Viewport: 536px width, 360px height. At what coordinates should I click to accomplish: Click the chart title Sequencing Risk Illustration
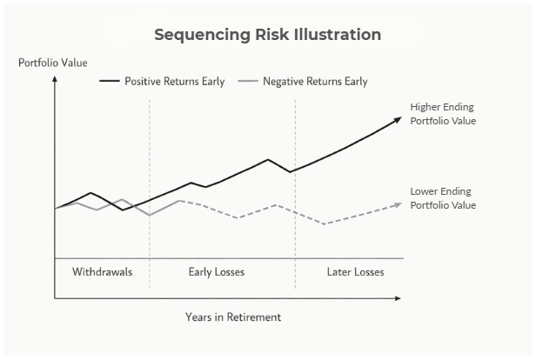coord(267,36)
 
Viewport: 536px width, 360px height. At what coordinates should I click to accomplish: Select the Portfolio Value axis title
coord(53,63)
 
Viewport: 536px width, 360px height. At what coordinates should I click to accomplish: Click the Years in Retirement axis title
coord(233,317)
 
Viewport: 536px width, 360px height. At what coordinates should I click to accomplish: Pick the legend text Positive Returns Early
coord(174,82)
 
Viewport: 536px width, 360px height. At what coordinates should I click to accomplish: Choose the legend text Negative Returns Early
coord(315,82)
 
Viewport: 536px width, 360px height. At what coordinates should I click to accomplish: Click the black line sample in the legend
coord(110,82)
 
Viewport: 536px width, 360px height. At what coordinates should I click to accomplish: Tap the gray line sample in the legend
coord(248,82)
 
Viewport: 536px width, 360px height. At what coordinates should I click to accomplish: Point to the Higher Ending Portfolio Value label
coord(443,114)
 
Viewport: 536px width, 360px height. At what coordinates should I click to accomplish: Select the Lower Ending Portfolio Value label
coord(443,198)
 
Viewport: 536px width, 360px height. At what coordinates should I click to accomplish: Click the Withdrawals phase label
coord(102,272)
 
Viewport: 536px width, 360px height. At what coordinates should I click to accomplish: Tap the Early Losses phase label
coord(217,272)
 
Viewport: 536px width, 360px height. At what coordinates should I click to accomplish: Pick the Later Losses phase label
coord(355,272)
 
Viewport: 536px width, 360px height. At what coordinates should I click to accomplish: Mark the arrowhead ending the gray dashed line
coord(398,204)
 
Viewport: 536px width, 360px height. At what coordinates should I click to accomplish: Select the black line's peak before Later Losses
coord(268,160)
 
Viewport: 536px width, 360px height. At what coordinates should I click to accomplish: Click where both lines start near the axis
coord(57,208)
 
